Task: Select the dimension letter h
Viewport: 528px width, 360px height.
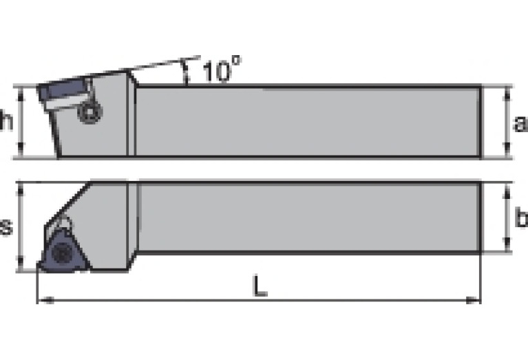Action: [x=6, y=122]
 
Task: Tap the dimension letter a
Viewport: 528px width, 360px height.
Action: [x=520, y=123]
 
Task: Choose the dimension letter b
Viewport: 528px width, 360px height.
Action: [x=521, y=218]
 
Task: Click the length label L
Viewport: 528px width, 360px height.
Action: [x=259, y=287]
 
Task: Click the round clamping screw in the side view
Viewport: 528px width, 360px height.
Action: [x=89, y=112]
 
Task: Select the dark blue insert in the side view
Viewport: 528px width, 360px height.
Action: [x=62, y=89]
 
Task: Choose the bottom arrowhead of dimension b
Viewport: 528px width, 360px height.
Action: [x=508, y=248]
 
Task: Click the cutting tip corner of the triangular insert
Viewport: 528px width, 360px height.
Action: [x=40, y=268]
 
